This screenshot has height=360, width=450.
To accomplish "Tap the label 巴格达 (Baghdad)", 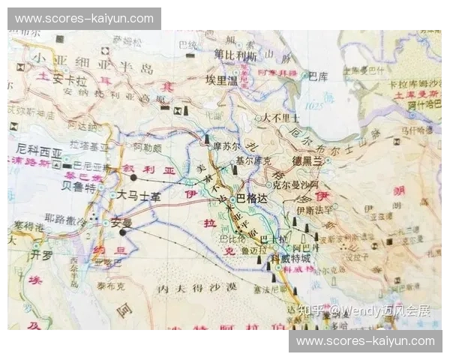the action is pos(252,198).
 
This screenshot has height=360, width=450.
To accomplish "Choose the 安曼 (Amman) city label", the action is pos(121,222).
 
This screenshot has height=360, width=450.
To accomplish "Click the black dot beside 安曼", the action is pos(122,232).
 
